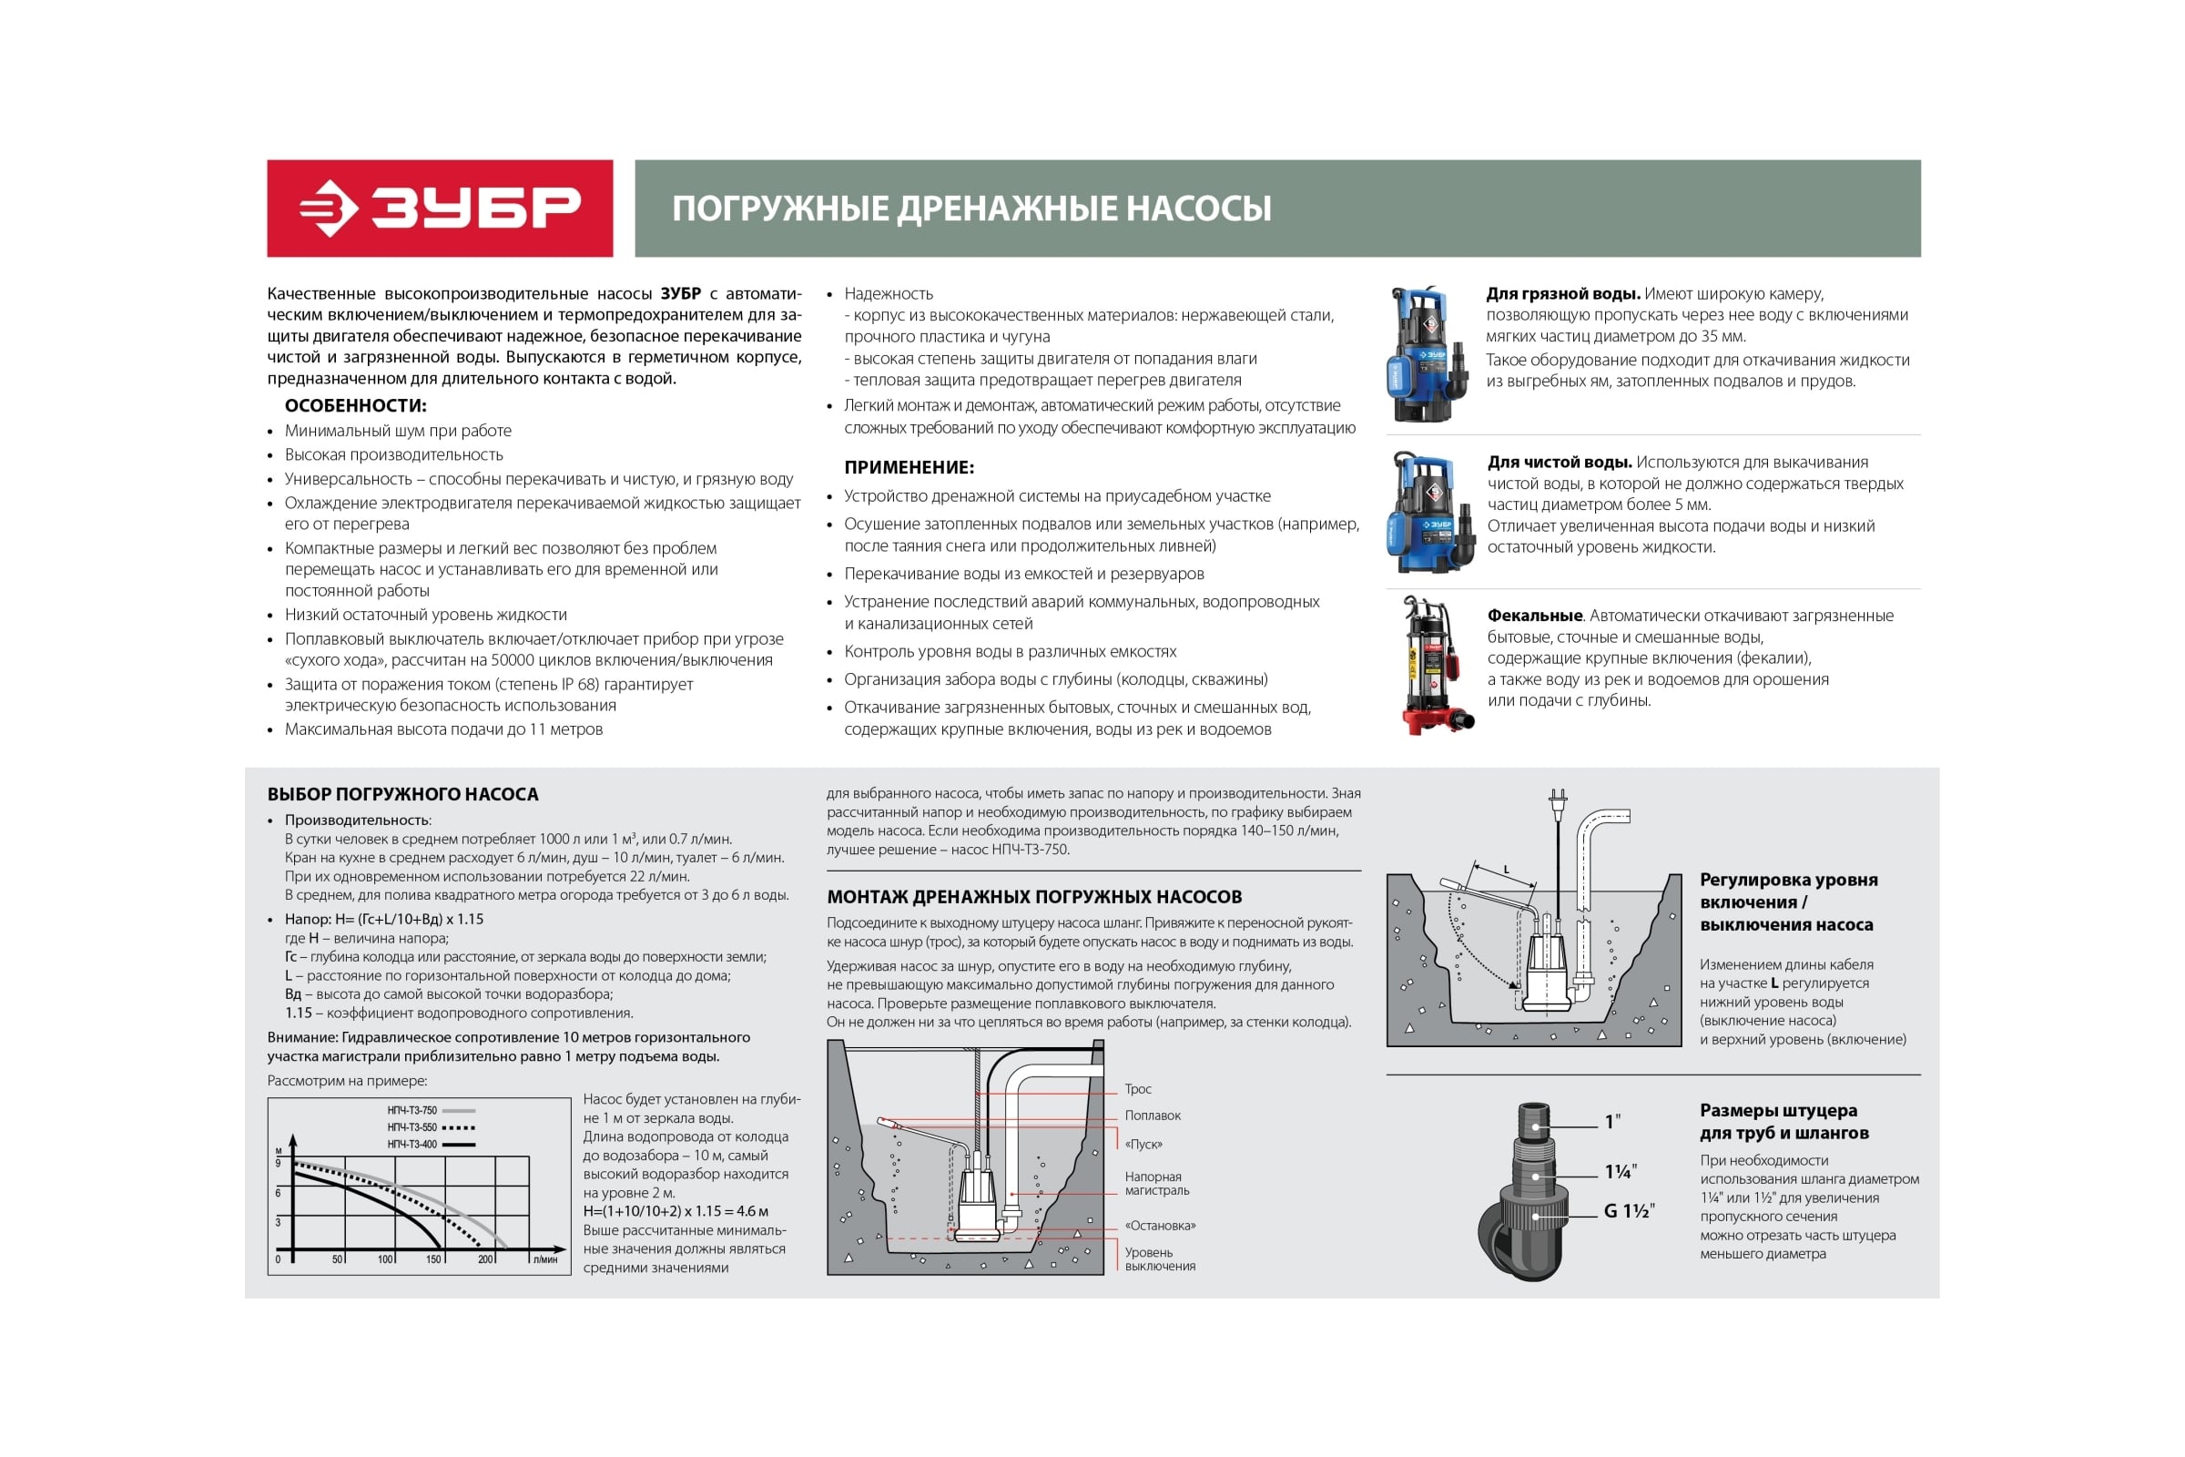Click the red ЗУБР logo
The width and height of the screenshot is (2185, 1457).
[440, 209]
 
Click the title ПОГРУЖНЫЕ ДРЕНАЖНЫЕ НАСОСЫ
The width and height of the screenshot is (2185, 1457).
[971, 209]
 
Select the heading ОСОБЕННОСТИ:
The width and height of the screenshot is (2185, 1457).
[355, 405]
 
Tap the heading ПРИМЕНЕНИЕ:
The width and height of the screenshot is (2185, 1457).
[909, 467]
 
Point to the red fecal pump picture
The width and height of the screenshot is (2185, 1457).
[1433, 666]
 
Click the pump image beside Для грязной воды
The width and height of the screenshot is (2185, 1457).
[1427, 354]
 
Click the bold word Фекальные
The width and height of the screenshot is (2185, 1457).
[1535, 616]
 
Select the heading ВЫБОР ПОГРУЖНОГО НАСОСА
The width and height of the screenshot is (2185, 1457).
[402, 794]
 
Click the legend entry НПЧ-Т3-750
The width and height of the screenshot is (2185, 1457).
[412, 1110]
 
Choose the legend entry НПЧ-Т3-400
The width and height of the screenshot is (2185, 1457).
[412, 1144]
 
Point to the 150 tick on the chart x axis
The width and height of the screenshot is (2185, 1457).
[433, 1259]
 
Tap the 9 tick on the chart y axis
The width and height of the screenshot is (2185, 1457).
[278, 1163]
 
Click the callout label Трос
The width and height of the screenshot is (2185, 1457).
[1137, 1089]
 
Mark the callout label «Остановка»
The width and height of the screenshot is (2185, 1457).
[1159, 1226]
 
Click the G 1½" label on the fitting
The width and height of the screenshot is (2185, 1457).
[1630, 1211]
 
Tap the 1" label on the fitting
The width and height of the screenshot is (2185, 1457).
[1612, 1122]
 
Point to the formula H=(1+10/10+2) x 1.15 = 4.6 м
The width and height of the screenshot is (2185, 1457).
[676, 1211]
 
